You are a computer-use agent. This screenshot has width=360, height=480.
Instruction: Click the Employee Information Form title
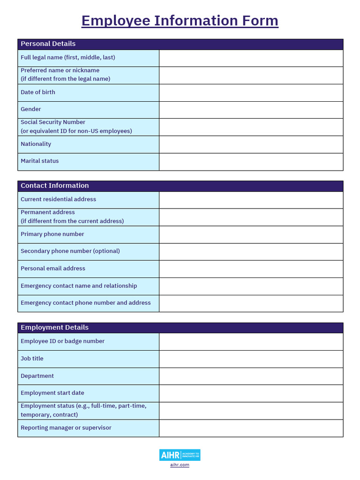180,21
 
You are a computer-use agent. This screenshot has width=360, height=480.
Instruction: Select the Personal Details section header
48,44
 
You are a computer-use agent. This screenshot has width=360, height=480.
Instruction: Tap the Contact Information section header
54,186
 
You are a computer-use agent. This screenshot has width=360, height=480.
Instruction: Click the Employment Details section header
54,327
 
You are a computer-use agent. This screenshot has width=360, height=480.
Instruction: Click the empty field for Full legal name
251,58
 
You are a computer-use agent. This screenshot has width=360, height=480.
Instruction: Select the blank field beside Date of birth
251,93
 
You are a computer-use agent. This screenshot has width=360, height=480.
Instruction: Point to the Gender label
31,109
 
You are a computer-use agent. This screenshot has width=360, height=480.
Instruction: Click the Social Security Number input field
251,127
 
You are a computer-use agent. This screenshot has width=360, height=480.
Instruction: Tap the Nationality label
36,144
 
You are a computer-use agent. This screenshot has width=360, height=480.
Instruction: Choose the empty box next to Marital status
251,162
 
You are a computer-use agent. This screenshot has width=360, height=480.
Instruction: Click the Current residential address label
58,199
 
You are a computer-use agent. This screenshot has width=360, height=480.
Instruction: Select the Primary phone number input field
251,234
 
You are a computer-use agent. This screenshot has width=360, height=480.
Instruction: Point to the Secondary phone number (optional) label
70,251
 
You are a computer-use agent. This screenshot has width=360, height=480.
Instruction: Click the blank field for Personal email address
251,269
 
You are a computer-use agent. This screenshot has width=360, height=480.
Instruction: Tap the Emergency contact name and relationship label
79,286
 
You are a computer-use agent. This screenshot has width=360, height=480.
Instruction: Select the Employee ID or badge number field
251,342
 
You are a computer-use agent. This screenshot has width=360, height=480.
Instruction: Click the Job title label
32,359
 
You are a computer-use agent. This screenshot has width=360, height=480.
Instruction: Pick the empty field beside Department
251,376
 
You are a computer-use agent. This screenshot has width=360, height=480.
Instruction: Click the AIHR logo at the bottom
180,455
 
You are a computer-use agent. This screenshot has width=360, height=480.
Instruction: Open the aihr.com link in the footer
180,465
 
